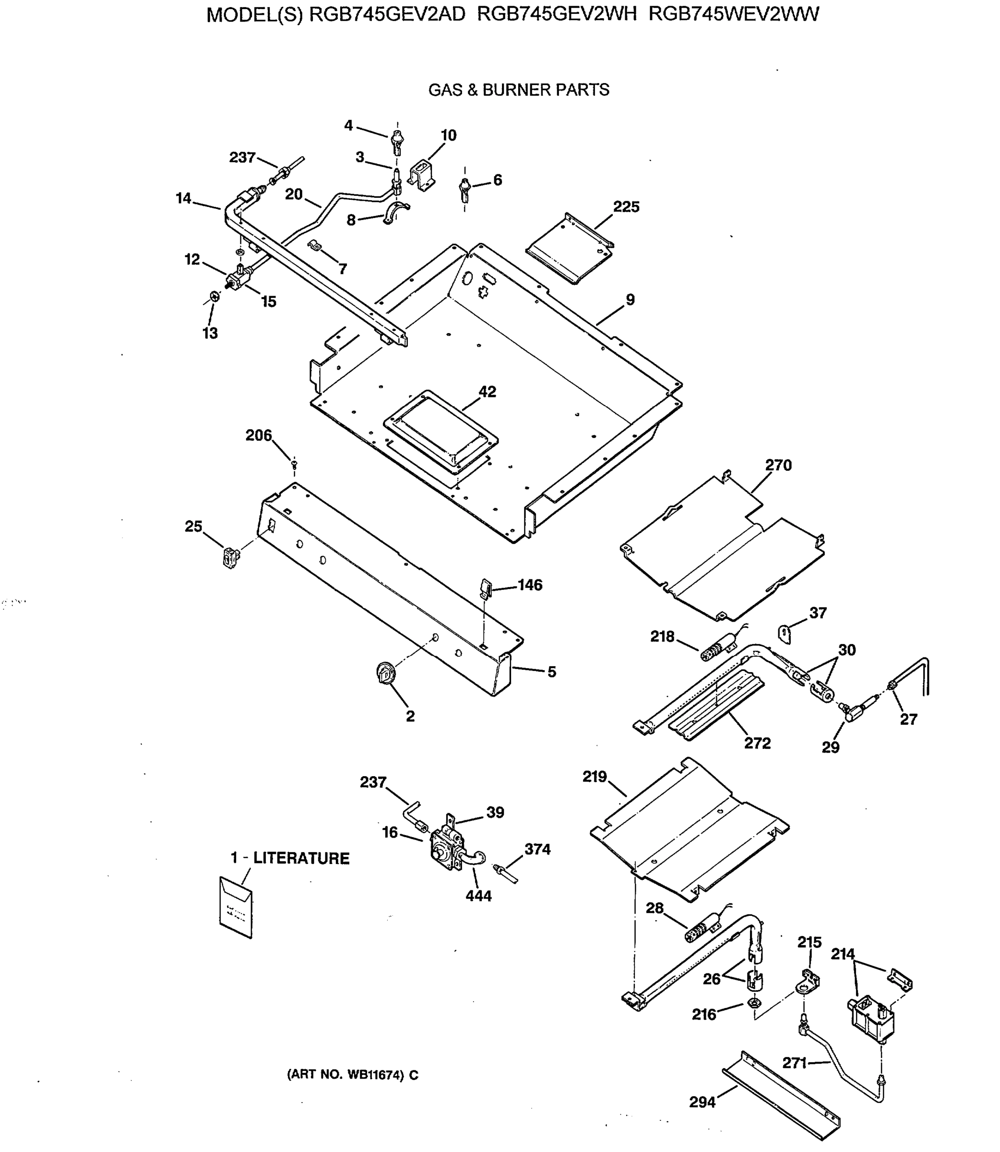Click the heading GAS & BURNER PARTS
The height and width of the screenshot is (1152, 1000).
518,90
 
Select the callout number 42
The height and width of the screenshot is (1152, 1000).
487,392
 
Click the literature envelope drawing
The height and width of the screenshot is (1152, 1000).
236,907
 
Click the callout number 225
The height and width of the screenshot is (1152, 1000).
626,207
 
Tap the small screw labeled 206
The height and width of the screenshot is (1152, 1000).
294,463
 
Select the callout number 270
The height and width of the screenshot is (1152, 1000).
778,465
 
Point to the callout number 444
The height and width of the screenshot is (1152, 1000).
478,896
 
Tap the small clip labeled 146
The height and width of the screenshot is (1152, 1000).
486,587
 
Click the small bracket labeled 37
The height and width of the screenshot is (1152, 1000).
785,634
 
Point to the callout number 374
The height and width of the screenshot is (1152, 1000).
537,849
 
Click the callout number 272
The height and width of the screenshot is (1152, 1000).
757,743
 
